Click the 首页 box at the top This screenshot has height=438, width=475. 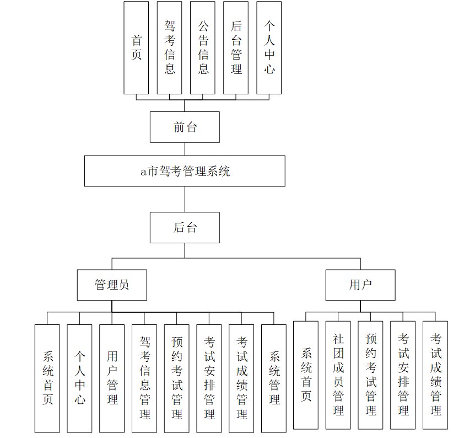136,47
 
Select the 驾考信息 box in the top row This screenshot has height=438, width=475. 170,47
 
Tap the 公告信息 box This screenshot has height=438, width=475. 203,47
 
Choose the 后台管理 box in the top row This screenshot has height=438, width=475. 236,47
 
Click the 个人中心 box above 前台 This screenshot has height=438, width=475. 269,47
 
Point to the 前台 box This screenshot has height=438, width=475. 185,127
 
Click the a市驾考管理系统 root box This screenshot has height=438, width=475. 185,171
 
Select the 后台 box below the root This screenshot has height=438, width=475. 185,227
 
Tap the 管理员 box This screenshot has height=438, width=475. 112,285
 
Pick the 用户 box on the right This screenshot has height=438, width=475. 360,285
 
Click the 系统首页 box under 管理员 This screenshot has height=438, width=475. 47,378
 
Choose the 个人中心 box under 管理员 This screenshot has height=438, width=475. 79,378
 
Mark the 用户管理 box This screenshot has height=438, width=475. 112,378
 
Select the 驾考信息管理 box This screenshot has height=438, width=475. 144,378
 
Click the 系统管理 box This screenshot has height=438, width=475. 274,378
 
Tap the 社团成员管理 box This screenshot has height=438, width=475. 338,375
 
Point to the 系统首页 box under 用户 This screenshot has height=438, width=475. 306,375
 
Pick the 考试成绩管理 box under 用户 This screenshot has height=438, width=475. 435,375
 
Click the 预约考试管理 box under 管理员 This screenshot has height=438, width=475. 177,378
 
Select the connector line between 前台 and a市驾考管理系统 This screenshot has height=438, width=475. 185,149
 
